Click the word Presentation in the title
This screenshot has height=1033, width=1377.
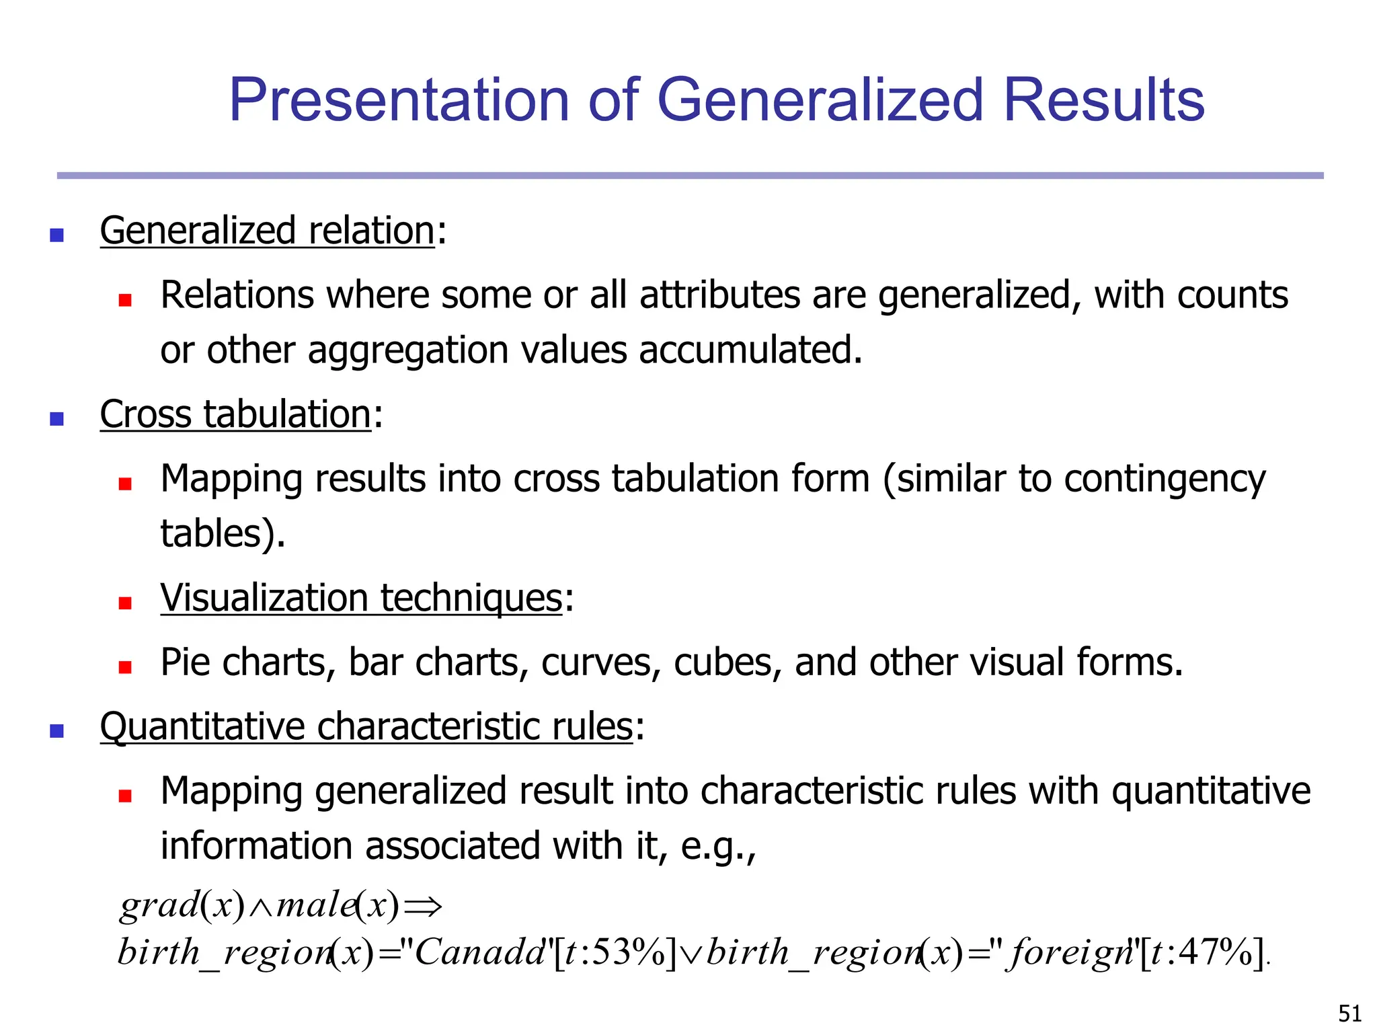(399, 100)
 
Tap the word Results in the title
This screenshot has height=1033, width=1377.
(1103, 100)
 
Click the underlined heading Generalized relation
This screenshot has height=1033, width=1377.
(267, 231)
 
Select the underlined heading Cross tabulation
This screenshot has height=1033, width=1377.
(235, 414)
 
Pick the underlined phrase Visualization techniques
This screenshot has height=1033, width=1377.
(361, 598)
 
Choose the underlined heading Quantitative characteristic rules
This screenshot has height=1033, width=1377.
(366, 727)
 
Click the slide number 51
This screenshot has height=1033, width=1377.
(1349, 1013)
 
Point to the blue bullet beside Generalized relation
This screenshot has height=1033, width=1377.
(57, 235)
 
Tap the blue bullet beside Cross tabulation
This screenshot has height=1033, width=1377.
(57, 419)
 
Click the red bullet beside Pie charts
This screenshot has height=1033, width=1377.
(125, 667)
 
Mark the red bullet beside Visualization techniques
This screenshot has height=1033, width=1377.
(125, 603)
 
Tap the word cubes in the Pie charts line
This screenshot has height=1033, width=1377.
(727, 662)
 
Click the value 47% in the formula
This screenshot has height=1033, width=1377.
(1218, 953)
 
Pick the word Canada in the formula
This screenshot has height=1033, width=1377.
(479, 953)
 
